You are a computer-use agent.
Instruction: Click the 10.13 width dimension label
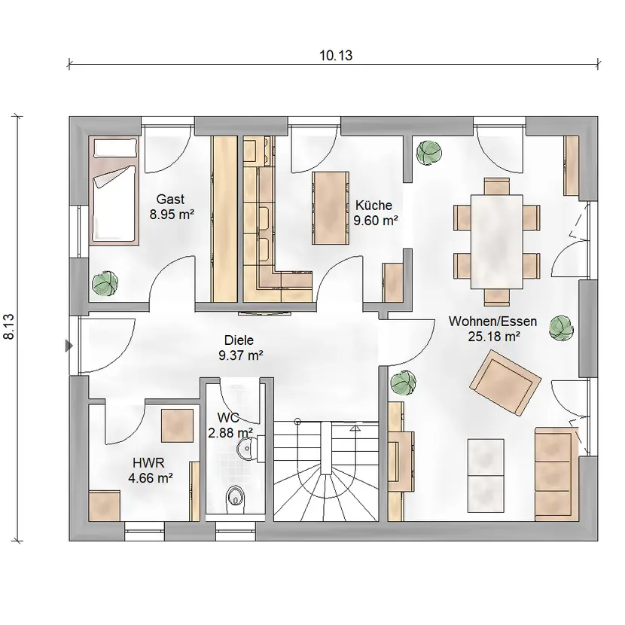[x=336, y=56]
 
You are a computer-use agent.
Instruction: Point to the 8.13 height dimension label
[x=9, y=327]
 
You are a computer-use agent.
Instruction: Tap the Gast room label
[x=170, y=199]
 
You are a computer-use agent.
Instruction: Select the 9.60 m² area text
[x=376, y=221]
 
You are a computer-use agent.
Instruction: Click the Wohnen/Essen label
[x=492, y=322]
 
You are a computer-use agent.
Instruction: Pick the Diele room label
[x=239, y=340]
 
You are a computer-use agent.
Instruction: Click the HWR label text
[x=148, y=463]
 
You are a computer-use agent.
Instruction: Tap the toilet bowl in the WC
[x=235, y=498]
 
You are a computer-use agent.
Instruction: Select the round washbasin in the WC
[x=245, y=450]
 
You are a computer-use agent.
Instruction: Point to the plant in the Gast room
[x=105, y=283]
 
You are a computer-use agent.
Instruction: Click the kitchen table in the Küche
[x=331, y=208]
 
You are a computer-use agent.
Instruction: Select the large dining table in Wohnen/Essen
[x=497, y=242]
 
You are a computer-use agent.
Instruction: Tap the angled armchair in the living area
[x=505, y=383]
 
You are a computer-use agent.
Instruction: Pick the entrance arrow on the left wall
[x=69, y=346]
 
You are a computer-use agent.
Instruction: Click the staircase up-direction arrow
[x=355, y=428]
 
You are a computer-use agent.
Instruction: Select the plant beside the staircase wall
[x=403, y=383]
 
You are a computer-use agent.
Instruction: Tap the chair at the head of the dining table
[x=497, y=186]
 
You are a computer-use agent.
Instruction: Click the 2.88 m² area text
[x=230, y=432]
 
